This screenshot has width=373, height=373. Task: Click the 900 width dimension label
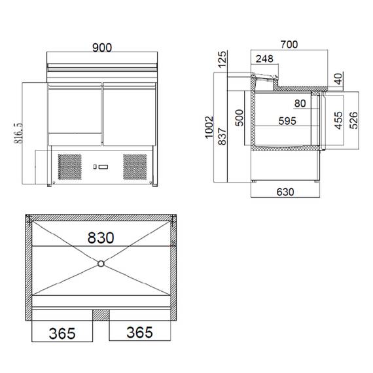[102, 48]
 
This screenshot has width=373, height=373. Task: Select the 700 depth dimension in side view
[289, 44]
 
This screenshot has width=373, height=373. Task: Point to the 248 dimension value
[265, 60]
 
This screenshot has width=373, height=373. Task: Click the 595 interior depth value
[287, 120]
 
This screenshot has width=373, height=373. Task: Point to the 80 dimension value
[300, 103]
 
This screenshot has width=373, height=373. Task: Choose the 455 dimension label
[338, 121]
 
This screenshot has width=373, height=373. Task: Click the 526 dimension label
[353, 121]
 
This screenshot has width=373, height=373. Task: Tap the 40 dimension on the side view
[338, 80]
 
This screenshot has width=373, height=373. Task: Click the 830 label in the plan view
[101, 237]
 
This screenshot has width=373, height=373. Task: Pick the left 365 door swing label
[62, 333]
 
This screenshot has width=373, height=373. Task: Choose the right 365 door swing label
[139, 332]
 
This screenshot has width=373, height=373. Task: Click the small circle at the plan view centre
[101, 264]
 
